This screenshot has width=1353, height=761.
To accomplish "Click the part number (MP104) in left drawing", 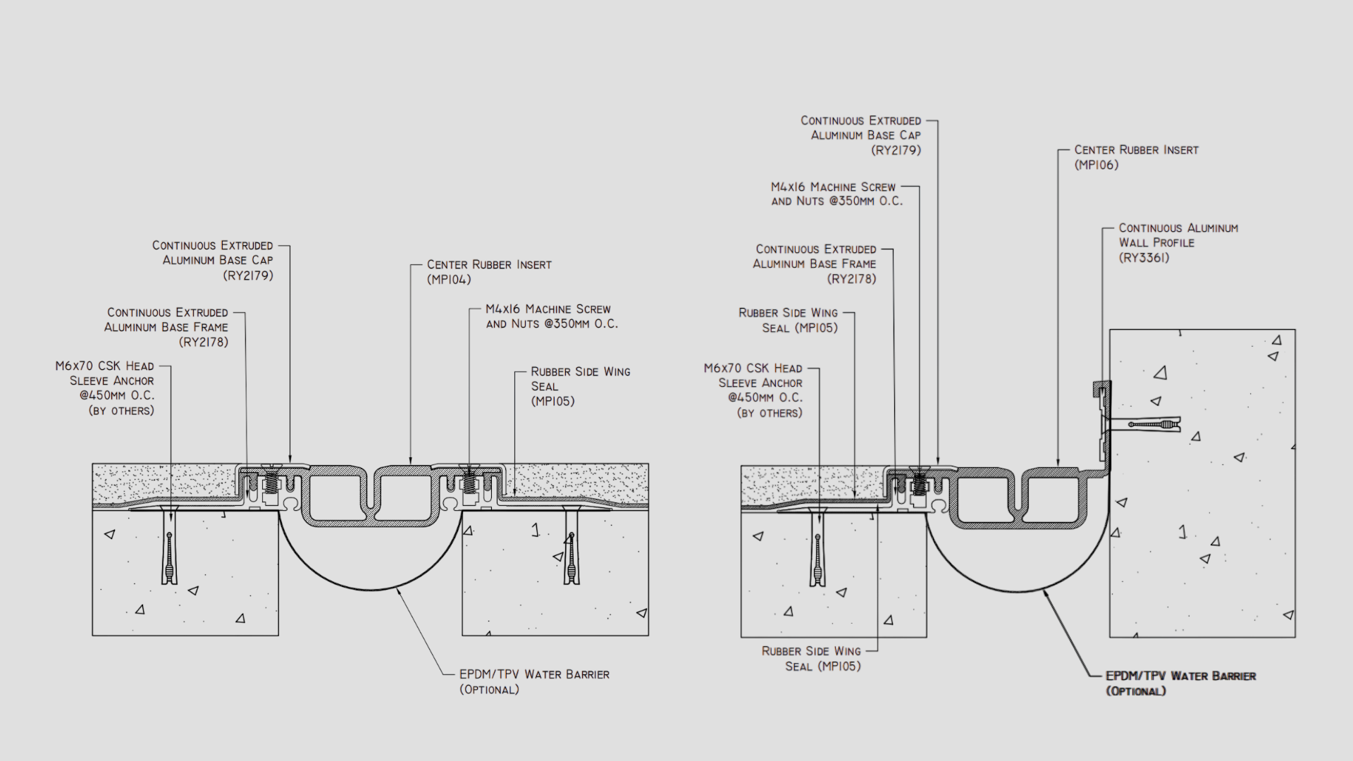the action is click(449, 280).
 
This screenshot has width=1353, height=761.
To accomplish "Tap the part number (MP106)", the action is click(1096, 165).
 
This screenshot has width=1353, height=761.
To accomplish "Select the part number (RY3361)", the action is click(1144, 258).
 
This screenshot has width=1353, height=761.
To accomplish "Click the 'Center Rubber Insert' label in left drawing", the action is click(489, 265).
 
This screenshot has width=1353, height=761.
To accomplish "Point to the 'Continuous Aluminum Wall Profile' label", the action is click(1178, 235).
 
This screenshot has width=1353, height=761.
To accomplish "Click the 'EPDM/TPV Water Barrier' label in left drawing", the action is click(534, 674).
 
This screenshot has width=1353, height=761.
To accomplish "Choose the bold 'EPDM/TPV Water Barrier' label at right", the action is click(1180, 676).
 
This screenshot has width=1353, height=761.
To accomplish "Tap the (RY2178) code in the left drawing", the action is click(204, 342).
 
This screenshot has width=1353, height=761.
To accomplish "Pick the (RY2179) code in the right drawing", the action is click(896, 150).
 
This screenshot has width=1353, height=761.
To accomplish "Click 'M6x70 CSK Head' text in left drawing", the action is click(104, 366).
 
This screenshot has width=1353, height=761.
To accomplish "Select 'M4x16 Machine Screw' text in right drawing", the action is click(833, 187).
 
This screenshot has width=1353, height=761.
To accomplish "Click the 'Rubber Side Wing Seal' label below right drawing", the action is click(811, 659).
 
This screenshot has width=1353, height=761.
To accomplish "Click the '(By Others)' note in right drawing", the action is click(770, 414).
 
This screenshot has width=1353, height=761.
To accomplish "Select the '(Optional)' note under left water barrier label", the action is click(489, 690).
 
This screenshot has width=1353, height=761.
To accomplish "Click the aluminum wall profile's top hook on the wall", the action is click(1101, 387).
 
